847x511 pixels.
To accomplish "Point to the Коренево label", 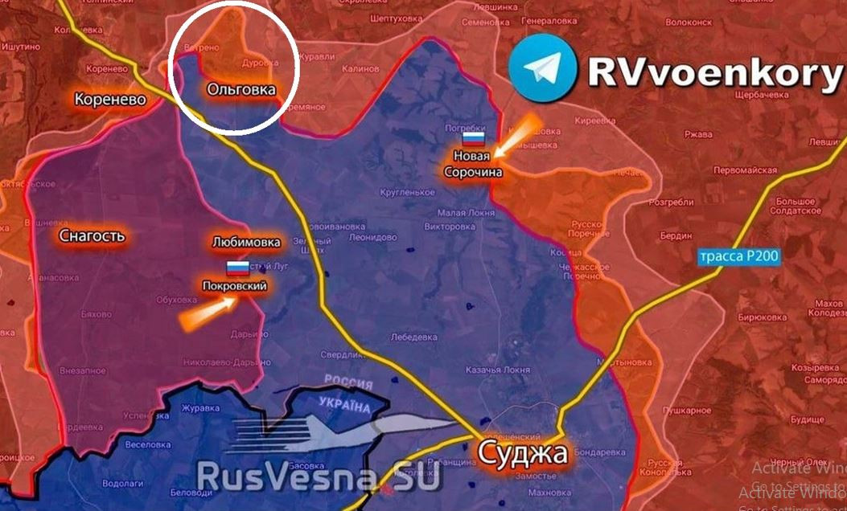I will coord(110,100).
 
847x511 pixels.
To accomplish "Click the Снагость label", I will coord(93,236).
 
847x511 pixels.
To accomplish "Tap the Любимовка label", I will coord(246,242).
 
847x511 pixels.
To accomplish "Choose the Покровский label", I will coord(235,286).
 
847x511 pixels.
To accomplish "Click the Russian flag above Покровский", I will coord(236,269).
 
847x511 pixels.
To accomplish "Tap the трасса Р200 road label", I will coord(738,255).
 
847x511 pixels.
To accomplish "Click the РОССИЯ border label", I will coord(347,382).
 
